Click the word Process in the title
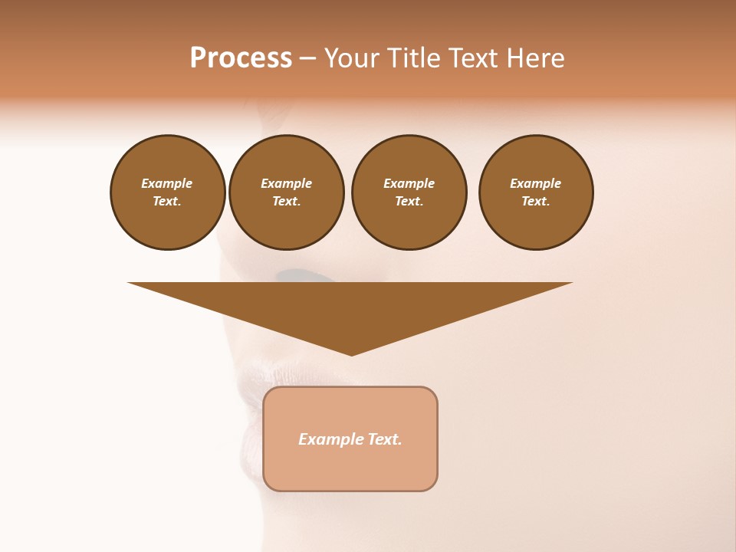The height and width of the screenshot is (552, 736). [x=241, y=58]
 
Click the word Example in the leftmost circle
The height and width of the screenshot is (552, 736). [x=167, y=183]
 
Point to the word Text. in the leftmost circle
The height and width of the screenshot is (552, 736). [x=167, y=202]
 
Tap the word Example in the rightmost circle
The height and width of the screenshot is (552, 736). [x=535, y=183]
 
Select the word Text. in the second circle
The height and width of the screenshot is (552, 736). [x=286, y=202]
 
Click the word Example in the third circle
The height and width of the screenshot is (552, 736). [x=409, y=183]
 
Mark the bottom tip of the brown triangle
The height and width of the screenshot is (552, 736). [x=351, y=354]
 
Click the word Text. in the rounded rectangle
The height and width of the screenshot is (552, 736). [x=386, y=439]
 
